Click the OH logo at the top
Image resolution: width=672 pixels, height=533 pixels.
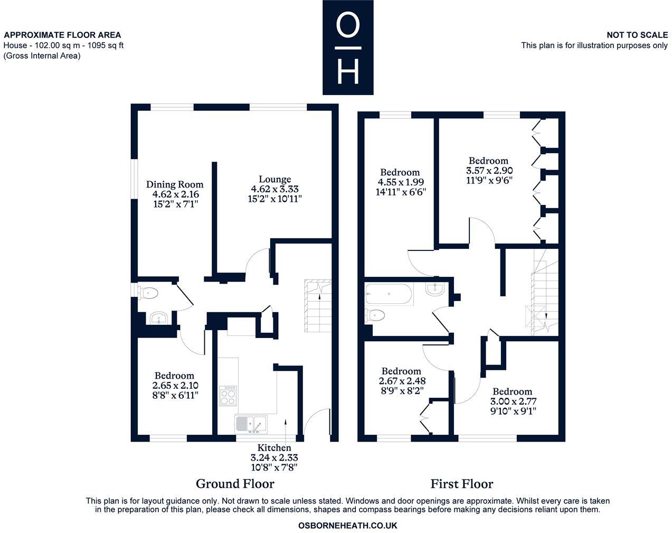pyautogui.click(x=348, y=48)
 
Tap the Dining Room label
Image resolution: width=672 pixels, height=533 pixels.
pyautogui.click(x=175, y=184)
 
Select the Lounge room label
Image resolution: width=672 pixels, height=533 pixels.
pyautogui.click(x=275, y=180)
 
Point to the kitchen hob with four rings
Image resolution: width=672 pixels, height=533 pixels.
pyautogui.click(x=228, y=395)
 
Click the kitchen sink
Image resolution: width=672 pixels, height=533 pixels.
pyautogui.click(x=251, y=424)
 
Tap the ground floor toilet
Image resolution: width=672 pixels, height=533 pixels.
pyautogui.click(x=148, y=293)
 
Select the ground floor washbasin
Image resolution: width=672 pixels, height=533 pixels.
pyautogui.click(x=158, y=319)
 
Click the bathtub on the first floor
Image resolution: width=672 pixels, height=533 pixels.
pyautogui.click(x=388, y=294)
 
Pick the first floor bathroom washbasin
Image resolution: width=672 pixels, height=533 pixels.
pyautogui.click(x=436, y=288)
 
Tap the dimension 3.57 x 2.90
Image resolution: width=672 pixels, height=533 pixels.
pyautogui.click(x=489, y=171)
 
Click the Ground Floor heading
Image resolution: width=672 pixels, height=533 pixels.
pyautogui.click(x=235, y=483)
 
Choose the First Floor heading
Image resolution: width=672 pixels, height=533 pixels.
pyautogui.click(x=461, y=483)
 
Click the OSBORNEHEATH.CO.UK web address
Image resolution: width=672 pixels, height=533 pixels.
pyautogui.click(x=347, y=526)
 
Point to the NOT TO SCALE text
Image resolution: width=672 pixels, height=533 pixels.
pyautogui.click(x=637, y=35)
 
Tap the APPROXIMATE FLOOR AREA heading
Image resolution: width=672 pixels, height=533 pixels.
pyautogui.click(x=62, y=35)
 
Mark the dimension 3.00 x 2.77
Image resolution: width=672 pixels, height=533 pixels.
pyautogui.click(x=512, y=401)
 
